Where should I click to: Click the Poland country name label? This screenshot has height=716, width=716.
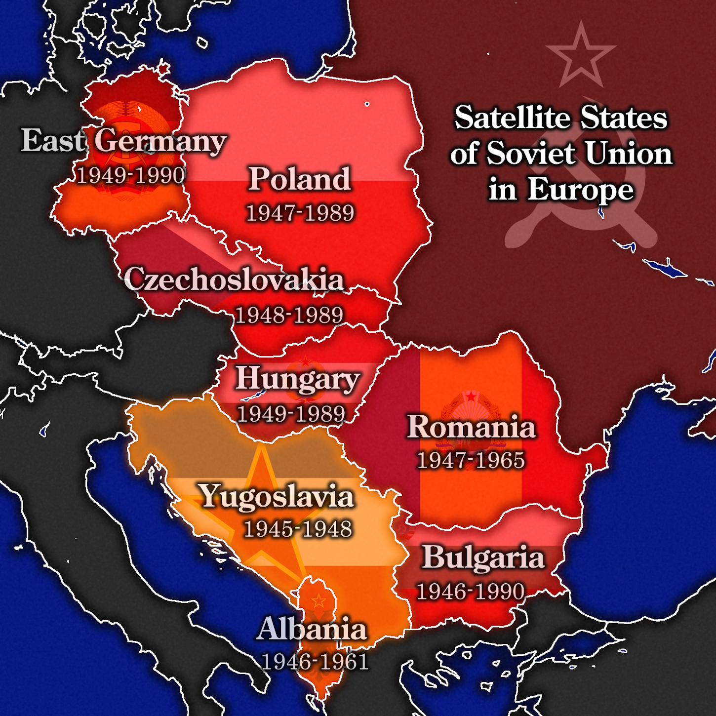[299, 179]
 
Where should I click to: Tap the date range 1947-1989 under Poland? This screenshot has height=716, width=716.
[300, 213]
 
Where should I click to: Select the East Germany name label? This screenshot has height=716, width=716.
[123, 141]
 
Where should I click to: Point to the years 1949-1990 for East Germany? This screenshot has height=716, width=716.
[131, 175]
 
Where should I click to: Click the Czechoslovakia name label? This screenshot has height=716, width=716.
[234, 279]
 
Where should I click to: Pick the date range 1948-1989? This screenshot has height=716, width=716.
[289, 315]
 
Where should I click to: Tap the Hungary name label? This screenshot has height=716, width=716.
[297, 379]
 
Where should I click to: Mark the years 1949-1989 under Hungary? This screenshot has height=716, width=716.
[291, 414]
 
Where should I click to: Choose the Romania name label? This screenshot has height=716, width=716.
[471, 427]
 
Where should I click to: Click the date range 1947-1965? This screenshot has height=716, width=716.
[471, 460]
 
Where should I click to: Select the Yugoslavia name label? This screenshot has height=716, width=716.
[276, 496]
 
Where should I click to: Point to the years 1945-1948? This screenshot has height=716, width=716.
[298, 529]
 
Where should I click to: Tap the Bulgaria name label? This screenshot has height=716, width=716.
[483, 557]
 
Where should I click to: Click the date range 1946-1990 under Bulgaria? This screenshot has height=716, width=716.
[470, 592]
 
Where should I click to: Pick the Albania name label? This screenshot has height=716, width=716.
[312, 629]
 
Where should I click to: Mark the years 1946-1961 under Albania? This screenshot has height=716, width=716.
[315, 662]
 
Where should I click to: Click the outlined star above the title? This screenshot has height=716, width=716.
[581, 56]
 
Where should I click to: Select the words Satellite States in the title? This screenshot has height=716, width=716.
[561, 118]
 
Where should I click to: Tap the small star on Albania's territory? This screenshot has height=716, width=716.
[318, 601]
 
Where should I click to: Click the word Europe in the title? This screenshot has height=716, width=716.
[580, 189]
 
